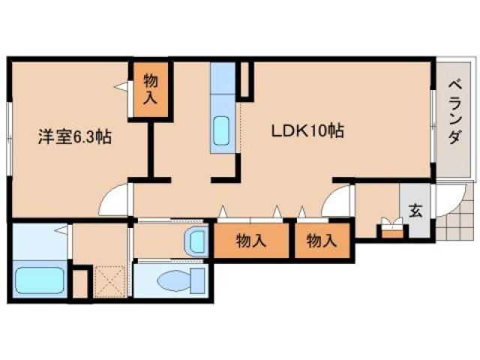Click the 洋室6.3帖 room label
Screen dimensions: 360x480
75,137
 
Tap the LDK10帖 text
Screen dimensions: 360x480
307,130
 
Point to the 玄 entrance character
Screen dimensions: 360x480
415,211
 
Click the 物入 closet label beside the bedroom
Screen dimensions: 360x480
151,88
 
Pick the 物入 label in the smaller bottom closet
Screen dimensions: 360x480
322,241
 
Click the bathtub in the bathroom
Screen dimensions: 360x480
42,280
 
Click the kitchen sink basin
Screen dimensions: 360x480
223,132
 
